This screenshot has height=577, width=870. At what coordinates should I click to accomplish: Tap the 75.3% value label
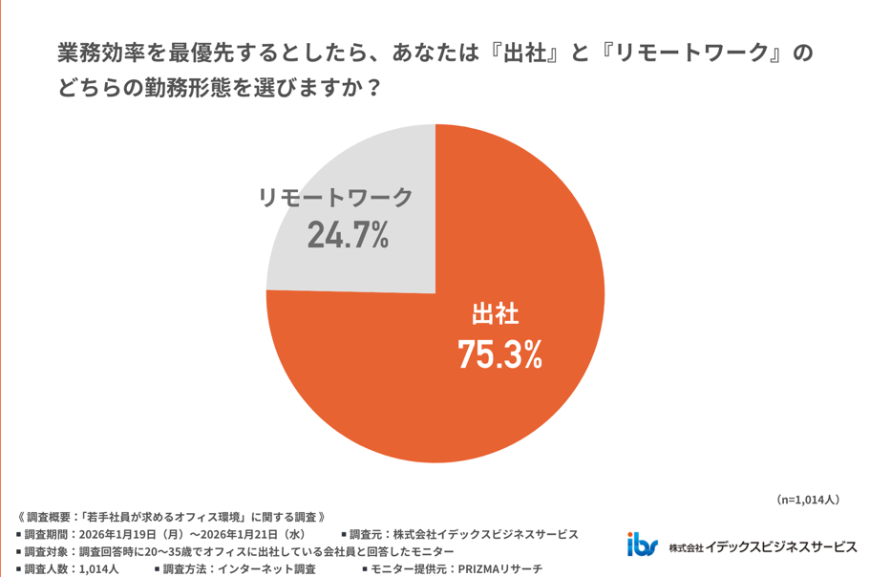(x=499, y=354)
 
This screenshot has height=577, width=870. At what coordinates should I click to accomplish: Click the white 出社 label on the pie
(x=496, y=313)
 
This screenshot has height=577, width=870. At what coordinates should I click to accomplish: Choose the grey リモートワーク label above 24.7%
(x=336, y=197)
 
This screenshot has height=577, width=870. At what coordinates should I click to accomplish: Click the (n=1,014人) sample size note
(x=806, y=499)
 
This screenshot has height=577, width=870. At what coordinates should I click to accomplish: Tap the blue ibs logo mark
(x=642, y=545)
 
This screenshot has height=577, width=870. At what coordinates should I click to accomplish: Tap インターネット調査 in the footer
(x=268, y=569)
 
